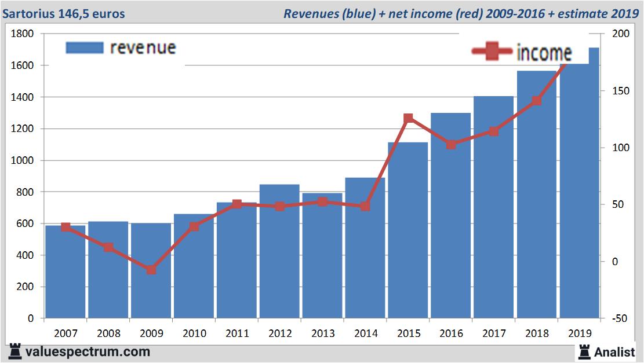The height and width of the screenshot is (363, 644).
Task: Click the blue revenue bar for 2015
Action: tap(408, 232)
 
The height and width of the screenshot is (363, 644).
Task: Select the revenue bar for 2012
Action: tap(279, 252)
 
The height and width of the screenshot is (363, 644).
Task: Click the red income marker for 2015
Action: tap(408, 118)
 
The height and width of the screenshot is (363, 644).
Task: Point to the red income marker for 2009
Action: tap(151, 270)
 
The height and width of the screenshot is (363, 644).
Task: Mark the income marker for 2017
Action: tap(494, 131)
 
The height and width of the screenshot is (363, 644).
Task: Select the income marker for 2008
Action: tap(108, 247)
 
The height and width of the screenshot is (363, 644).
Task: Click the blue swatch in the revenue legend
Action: tap(85, 47)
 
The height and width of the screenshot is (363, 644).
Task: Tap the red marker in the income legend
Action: tap(492, 52)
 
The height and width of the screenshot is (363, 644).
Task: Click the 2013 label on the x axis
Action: tap(322, 333)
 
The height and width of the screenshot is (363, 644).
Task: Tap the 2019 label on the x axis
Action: tap(580, 333)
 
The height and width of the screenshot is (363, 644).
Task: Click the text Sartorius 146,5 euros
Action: tap(64, 13)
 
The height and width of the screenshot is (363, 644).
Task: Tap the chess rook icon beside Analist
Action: tap(584, 351)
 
